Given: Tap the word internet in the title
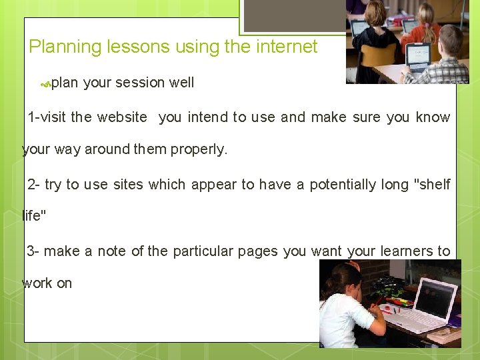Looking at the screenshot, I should click(x=283, y=47).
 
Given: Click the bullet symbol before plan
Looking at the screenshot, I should click(x=45, y=84).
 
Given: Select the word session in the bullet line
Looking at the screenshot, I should click(x=140, y=83).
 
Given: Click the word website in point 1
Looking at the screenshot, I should click(x=122, y=117).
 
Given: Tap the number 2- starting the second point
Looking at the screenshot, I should click(x=34, y=184).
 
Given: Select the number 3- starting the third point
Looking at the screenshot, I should click(x=33, y=251).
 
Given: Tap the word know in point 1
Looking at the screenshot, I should click(x=433, y=117).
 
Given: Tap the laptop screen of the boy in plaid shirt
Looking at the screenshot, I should click(x=419, y=57).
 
